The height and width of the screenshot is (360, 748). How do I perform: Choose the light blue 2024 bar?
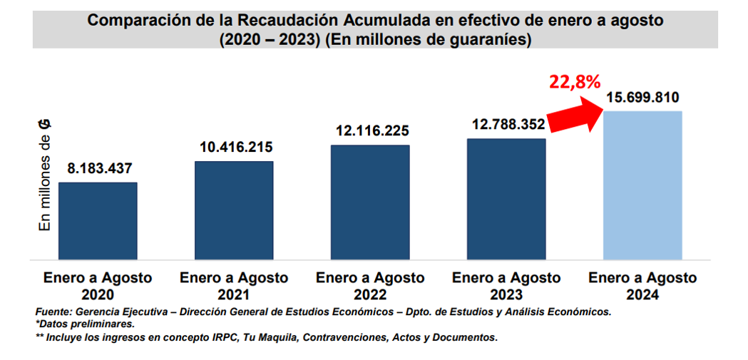click(642, 185)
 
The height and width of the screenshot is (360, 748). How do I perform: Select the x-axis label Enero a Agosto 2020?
click(98, 286)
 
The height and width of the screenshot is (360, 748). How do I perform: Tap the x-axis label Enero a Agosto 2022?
click(370, 286)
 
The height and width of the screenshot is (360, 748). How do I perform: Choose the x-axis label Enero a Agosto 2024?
click(642, 286)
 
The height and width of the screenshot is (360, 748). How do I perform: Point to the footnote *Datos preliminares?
click(84, 324)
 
